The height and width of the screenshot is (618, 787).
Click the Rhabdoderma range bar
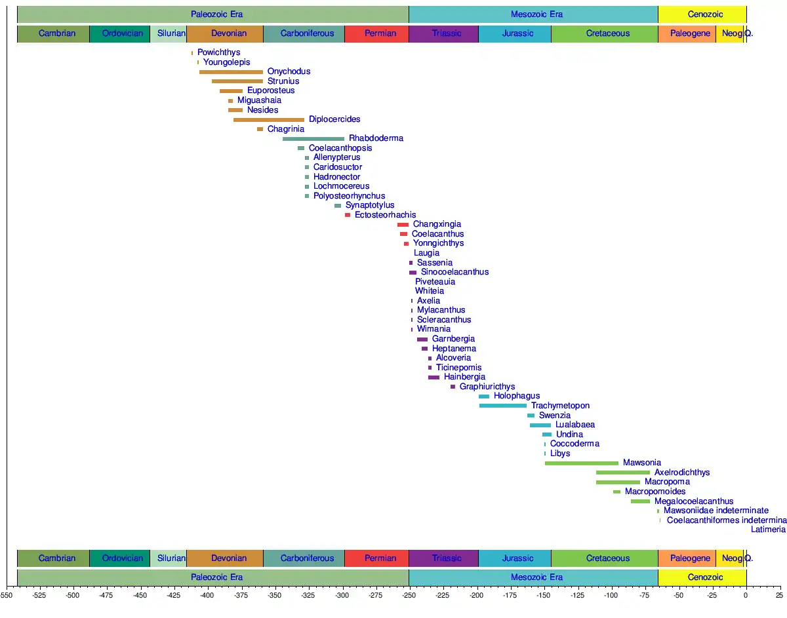pos(313,139)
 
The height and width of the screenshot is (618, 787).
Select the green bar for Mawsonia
pos(581,463)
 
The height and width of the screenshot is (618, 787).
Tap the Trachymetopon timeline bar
pos(502,406)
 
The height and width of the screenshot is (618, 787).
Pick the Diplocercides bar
pos(269,120)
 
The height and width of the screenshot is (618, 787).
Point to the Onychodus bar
pos(231,72)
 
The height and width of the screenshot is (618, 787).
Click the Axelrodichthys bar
pos(623,473)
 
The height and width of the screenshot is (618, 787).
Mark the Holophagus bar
pos(484,396)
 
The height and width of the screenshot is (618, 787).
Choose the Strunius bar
pos(237,81)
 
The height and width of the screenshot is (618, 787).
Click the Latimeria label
pos(768,530)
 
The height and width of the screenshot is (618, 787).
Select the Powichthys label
pos(219,52)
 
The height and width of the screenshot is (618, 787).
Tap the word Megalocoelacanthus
pos(694,501)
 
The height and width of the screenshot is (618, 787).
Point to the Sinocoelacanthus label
pos(454,272)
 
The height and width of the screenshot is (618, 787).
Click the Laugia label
pos(426,253)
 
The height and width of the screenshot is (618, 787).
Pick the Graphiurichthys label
pos(487,387)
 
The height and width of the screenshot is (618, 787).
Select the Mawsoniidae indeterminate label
pos(716,511)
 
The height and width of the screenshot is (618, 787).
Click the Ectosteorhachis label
pos(385,215)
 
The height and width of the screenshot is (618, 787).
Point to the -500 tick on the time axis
pos(72,596)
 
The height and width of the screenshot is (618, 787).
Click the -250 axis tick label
pos(409,596)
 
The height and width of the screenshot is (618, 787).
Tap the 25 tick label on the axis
pos(778,596)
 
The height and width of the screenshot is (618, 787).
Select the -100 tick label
pos(611,596)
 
